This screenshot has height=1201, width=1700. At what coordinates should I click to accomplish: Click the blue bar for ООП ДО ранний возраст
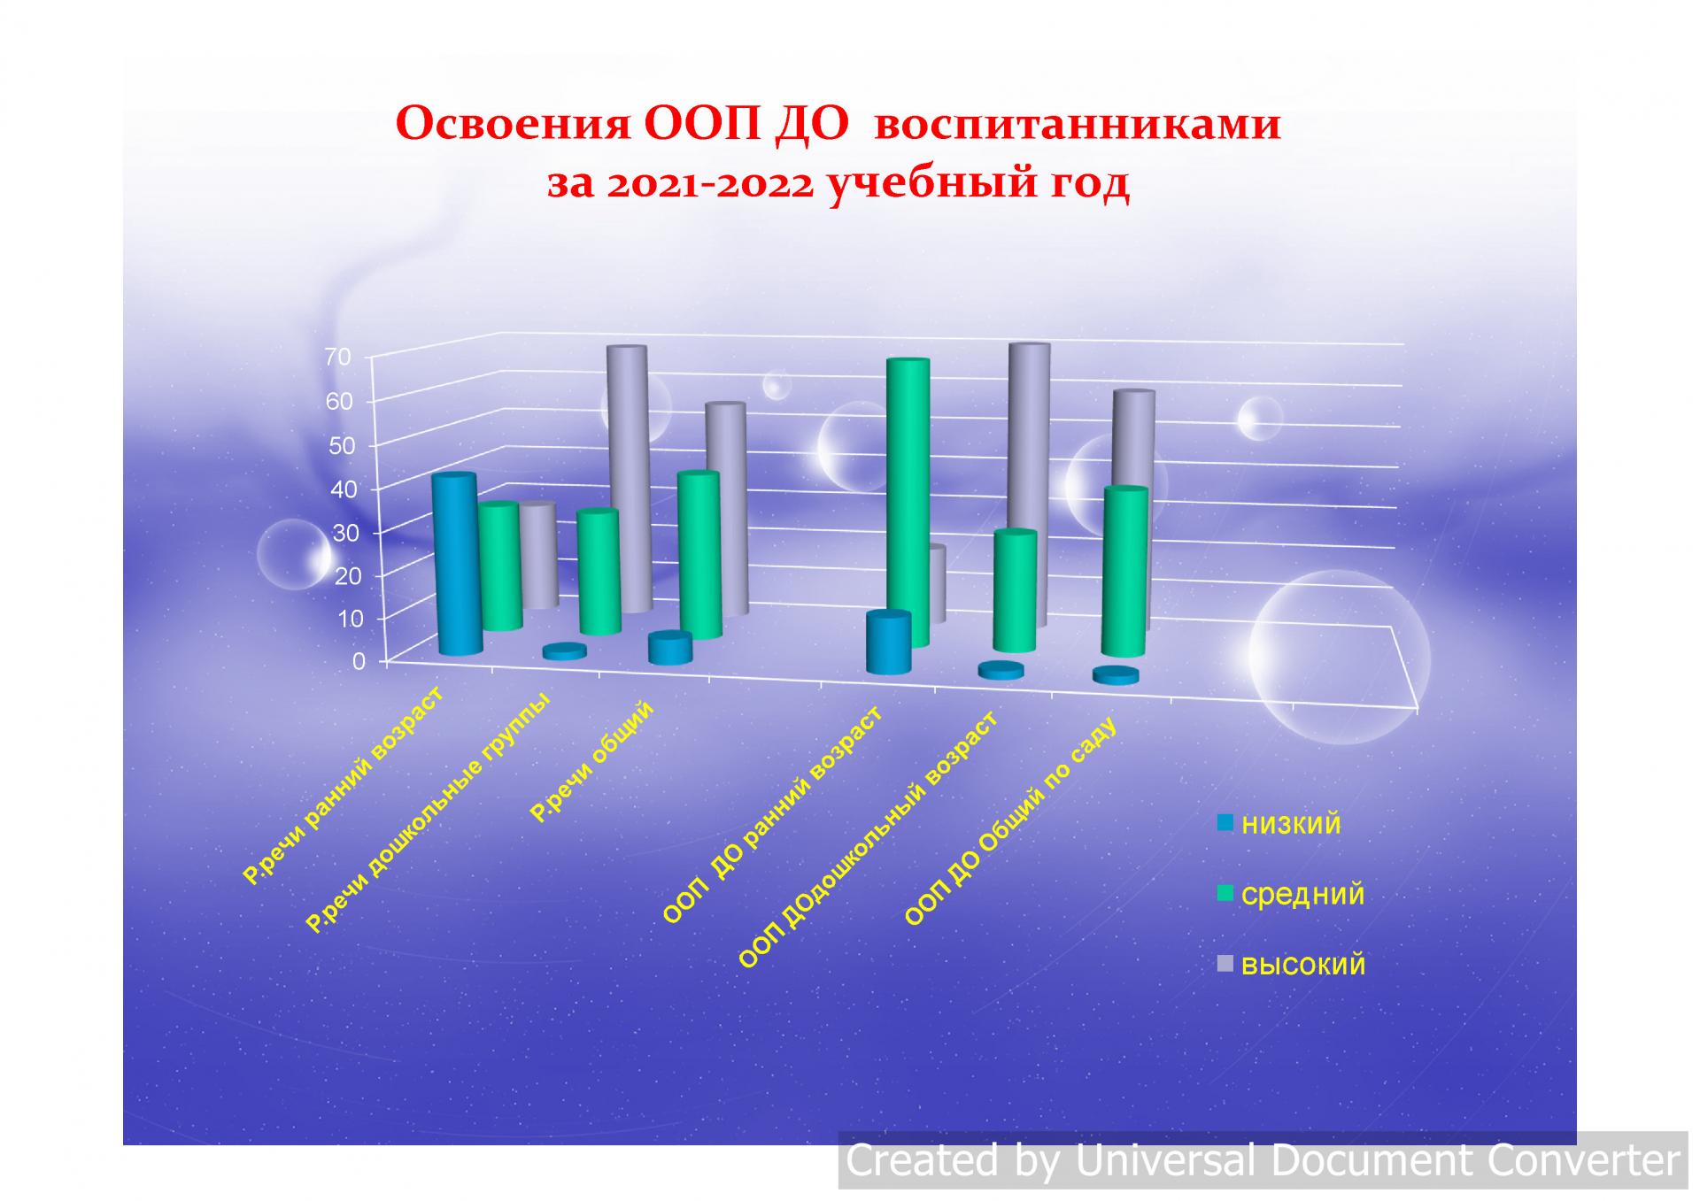tap(889, 643)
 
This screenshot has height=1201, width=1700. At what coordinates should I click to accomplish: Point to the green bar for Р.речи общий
tap(699, 555)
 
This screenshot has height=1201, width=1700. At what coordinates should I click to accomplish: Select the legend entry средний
tap(1292, 895)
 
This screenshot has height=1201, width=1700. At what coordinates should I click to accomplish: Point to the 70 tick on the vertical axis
tap(339, 357)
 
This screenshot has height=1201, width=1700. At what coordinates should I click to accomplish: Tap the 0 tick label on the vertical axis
tap(359, 661)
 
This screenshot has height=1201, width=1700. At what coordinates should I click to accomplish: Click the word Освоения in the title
tap(513, 124)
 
